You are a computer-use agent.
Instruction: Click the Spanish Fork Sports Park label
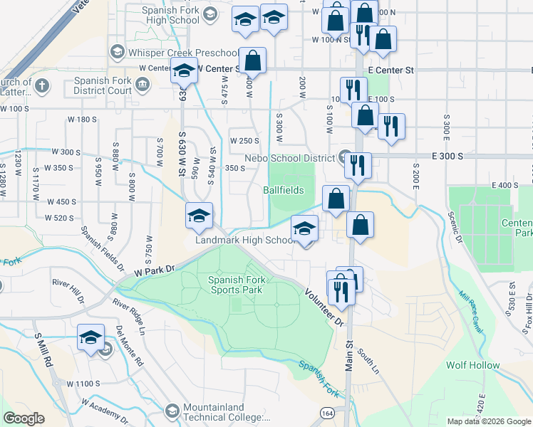(x=237, y=285)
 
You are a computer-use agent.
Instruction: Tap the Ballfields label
(x=283, y=190)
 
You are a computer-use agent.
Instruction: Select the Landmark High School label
(x=246, y=241)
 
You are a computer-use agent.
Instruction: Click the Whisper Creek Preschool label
(x=182, y=53)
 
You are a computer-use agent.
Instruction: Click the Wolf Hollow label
(x=473, y=365)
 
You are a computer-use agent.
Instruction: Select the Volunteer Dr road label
(x=324, y=307)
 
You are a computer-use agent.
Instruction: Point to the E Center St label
(x=391, y=70)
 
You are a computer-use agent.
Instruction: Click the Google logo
(x=24, y=418)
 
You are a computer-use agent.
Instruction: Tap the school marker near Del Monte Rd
(x=91, y=337)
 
